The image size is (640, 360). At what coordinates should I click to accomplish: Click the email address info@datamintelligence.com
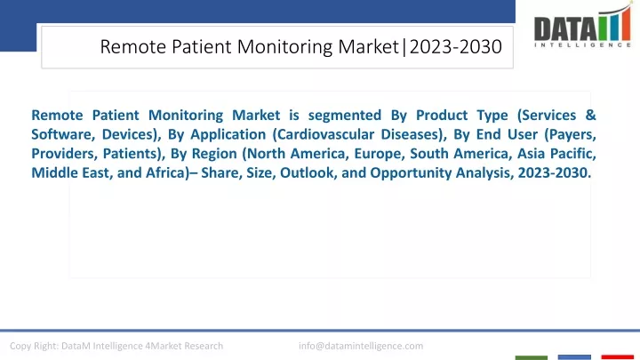361,346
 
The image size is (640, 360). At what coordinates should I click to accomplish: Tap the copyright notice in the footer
116,346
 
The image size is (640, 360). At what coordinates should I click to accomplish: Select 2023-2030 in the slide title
455,46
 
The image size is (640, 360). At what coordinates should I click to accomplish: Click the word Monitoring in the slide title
285,46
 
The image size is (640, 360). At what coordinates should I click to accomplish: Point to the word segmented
345,116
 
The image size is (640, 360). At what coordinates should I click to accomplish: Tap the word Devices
132,134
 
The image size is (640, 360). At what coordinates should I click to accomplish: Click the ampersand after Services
590,115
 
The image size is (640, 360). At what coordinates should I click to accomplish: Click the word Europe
380,154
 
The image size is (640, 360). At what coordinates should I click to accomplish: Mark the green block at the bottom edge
531,357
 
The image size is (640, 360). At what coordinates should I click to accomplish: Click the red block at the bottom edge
617,357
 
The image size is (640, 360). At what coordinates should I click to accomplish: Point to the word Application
228,135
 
